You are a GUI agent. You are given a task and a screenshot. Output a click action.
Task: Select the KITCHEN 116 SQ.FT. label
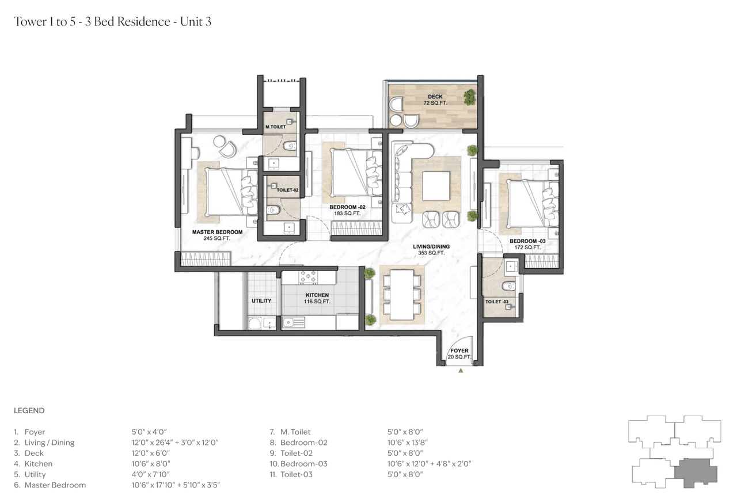tap(317, 298)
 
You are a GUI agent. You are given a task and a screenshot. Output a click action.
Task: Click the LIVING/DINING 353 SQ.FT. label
tap(431, 249)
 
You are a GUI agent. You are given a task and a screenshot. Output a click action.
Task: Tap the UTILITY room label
tap(261, 301)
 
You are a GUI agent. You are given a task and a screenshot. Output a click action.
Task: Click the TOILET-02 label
tap(287, 190)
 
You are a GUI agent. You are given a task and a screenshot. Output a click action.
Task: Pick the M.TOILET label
tap(275, 127)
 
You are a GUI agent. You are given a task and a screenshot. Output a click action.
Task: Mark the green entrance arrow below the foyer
tap(461, 371)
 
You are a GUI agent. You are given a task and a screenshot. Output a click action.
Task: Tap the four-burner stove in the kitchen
tap(308, 278)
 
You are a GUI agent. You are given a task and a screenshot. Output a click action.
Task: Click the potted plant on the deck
tap(470, 96)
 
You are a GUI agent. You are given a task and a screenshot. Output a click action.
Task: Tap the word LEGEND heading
tap(29, 411)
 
